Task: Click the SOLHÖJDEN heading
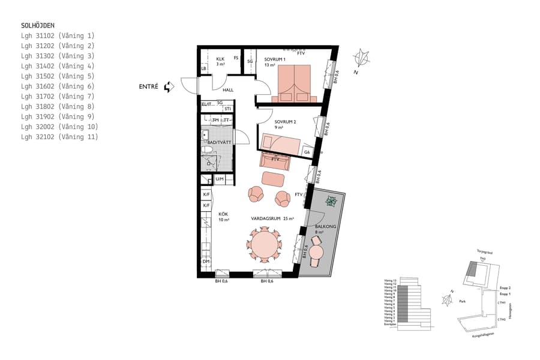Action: (x=38, y=25)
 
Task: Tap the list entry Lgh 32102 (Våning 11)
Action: (x=59, y=137)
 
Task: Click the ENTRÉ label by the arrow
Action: (x=148, y=87)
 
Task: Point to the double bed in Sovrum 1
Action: (x=295, y=83)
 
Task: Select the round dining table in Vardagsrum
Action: (x=264, y=245)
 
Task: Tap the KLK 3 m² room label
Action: (x=220, y=61)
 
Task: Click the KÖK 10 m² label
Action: (x=223, y=217)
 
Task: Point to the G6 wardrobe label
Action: (x=307, y=152)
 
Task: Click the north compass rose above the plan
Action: (x=362, y=59)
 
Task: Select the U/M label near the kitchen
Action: (x=220, y=179)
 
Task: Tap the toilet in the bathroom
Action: (x=208, y=149)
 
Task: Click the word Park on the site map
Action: (x=463, y=302)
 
